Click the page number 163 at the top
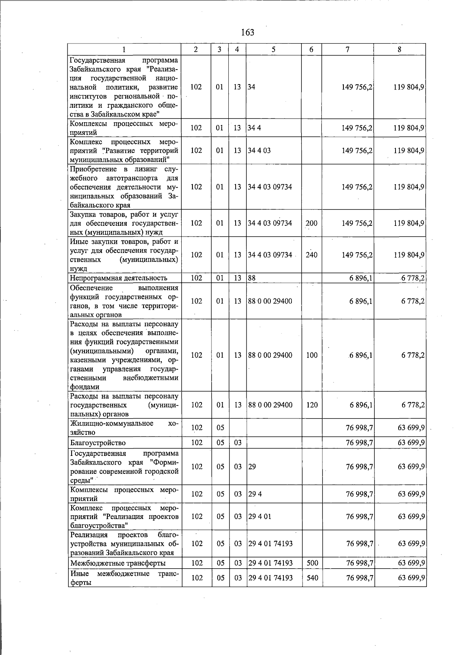point(247,32)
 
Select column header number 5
point(273,49)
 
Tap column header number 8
point(399,49)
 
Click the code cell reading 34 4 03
point(259,151)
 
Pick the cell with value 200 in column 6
point(311,223)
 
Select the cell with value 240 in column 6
point(311,255)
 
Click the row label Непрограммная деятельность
point(119,278)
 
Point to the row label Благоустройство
point(98,443)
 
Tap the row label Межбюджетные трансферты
point(118,563)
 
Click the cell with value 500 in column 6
point(312,563)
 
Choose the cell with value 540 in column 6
point(312,578)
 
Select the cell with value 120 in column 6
point(312,405)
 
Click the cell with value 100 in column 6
point(312,355)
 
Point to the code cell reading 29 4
point(255,494)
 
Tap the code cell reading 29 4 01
point(260,517)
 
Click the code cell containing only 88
point(252,278)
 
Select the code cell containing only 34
point(251,87)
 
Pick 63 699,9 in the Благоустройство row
point(411,443)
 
